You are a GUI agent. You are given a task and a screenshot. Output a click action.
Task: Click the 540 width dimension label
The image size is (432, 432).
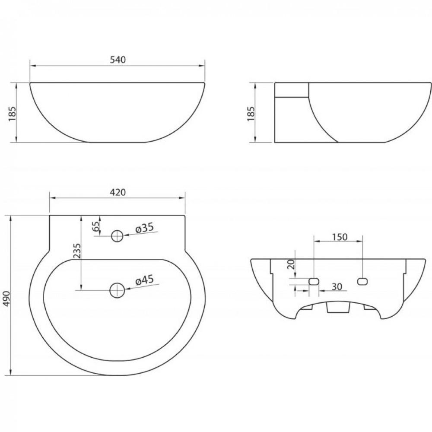click(x=118, y=60)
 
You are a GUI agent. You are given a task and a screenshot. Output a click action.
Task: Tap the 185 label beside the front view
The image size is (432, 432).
click(x=13, y=114)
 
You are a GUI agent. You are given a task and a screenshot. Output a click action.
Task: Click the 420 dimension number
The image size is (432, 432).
click(x=118, y=192)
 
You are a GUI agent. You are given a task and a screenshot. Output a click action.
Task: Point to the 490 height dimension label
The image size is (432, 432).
click(x=6, y=299)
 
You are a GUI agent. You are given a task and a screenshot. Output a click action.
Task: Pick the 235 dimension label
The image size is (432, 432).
click(x=77, y=251)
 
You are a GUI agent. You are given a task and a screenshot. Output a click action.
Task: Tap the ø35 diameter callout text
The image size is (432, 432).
click(x=144, y=228)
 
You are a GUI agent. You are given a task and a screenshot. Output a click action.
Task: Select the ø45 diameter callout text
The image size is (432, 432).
click(x=144, y=280)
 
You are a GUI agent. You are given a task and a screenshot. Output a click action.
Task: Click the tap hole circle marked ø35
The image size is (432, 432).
click(x=117, y=236)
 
